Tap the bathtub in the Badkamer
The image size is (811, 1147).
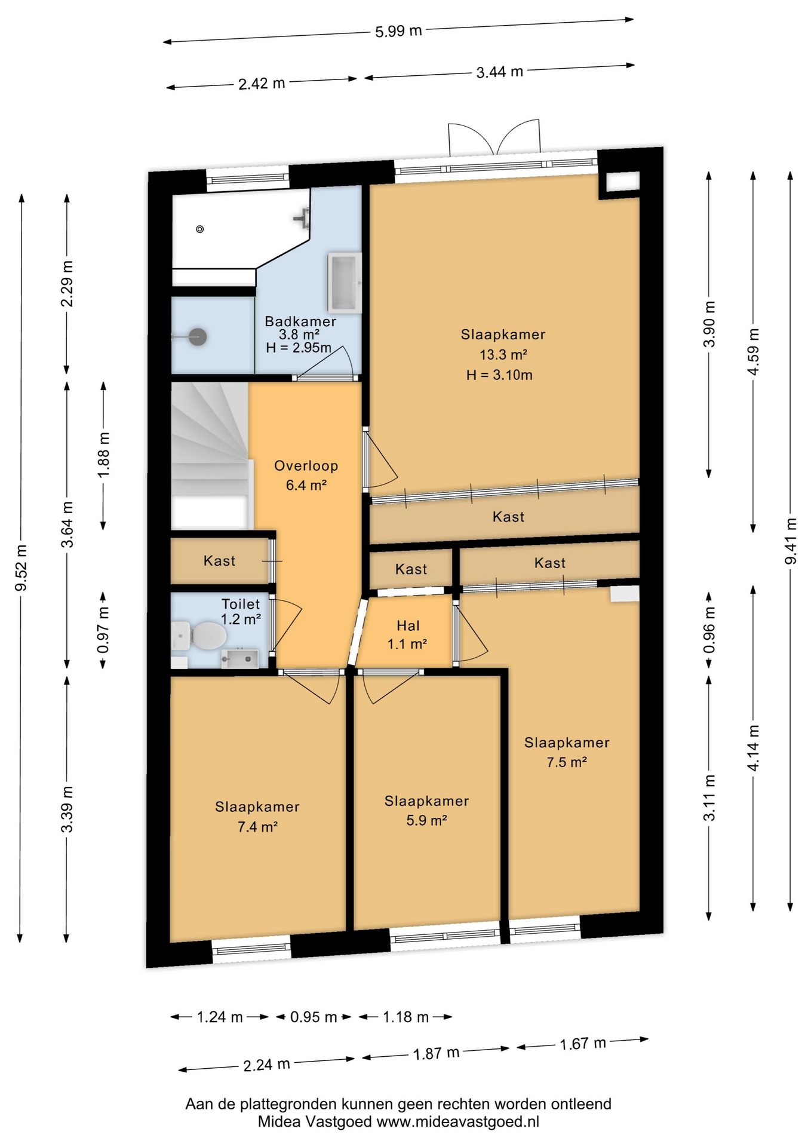pos(345,283)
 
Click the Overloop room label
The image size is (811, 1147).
pos(306,466)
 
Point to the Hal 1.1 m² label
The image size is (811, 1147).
pos(407,634)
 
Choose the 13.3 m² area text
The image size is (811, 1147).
pos(503,355)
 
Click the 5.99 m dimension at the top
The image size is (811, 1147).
pos(398,30)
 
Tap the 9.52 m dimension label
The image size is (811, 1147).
pos(21,568)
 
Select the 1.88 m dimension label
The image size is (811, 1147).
pos(104,455)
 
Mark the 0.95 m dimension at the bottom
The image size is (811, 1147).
pos(314,1017)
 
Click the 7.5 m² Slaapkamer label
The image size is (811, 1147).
pos(567,752)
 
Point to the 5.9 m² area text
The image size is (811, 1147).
pos(426,821)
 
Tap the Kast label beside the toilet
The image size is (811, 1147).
pos(219,561)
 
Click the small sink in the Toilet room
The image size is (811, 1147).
pos(239,658)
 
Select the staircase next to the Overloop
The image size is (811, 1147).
pos(210,455)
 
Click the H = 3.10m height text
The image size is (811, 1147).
pos(499,375)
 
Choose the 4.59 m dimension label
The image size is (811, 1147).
pos(754,351)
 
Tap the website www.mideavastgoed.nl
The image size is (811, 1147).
pos(457,1122)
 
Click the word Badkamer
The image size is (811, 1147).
pos(300,321)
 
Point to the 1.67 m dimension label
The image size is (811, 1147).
pos(583,1044)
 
